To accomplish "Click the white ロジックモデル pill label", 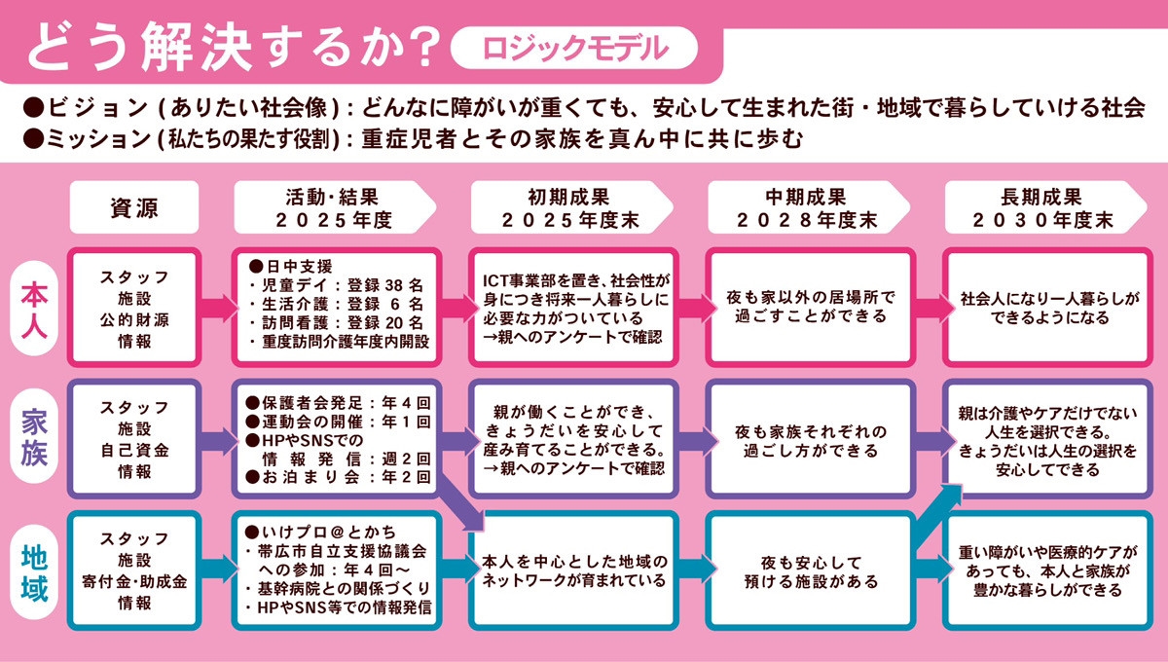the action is tap(574, 48).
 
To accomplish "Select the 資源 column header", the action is tap(134, 207).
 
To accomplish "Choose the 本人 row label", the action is tap(34, 309).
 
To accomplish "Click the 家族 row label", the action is tap(34, 437).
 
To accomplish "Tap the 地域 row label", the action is tap(34, 572).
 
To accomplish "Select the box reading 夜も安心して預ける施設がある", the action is tap(810, 570).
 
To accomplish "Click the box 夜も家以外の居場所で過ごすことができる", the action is tap(810, 308).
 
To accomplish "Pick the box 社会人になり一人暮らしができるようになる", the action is tap(1048, 308).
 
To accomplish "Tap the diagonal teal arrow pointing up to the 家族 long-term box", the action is tap(938, 516).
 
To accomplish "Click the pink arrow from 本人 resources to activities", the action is tap(219, 308).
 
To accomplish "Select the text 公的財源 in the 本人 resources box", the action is tap(134, 319).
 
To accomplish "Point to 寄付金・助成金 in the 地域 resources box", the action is tap(134, 581).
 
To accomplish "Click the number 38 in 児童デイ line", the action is tap(394, 285).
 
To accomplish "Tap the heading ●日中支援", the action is tap(290, 267).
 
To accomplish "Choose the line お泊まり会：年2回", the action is tap(338, 477).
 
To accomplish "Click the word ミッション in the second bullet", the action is tap(99, 139).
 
